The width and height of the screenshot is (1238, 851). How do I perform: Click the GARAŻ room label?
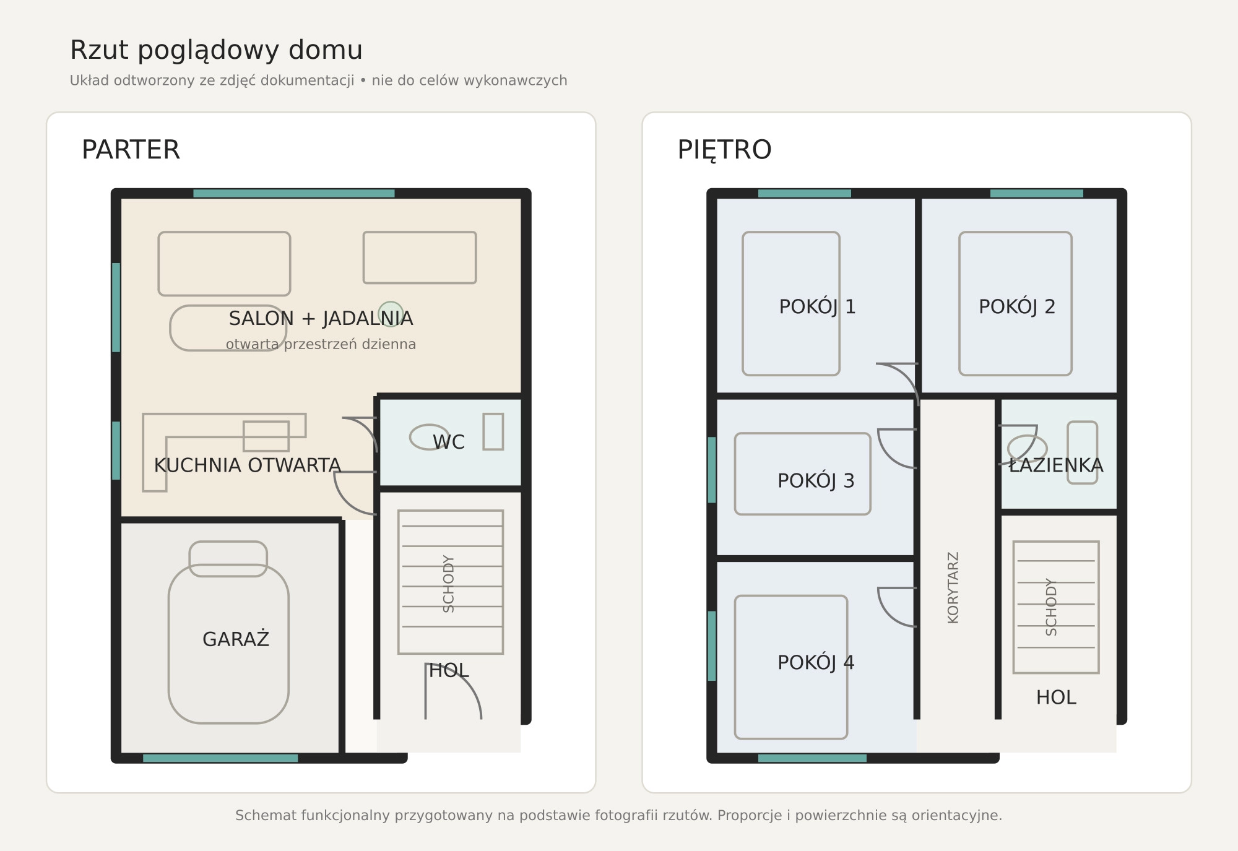(x=236, y=639)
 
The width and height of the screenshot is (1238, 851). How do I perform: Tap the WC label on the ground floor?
(x=449, y=442)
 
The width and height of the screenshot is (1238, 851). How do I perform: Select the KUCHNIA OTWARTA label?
(x=247, y=465)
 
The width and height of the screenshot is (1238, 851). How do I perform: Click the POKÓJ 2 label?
(x=1017, y=306)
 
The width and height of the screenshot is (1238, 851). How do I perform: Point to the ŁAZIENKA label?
(x=1056, y=465)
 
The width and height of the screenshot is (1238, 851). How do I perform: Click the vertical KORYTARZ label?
(x=953, y=587)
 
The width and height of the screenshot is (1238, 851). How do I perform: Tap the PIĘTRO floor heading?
(x=724, y=150)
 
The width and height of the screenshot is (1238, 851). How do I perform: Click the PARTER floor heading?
(x=131, y=150)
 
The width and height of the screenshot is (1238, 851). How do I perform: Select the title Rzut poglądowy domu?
(x=216, y=50)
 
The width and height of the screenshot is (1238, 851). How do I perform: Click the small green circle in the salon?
(x=391, y=314)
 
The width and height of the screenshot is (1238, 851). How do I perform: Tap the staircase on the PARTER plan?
(x=451, y=582)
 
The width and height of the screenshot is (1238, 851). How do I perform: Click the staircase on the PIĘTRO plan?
(x=1056, y=607)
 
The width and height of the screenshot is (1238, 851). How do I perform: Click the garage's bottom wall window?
(x=220, y=758)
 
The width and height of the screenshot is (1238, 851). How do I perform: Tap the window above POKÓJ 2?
(x=1037, y=193)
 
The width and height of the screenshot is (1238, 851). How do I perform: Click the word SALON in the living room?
(x=261, y=318)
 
